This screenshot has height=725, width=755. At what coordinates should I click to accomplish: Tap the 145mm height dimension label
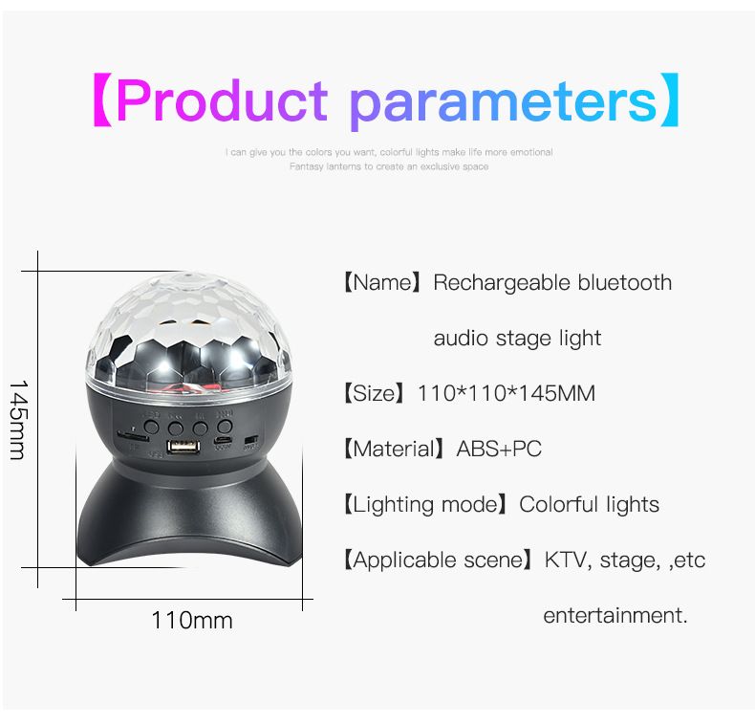pos(18,419)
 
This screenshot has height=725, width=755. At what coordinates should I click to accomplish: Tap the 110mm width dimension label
pos(191,620)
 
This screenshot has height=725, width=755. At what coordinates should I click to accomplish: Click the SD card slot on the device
pos(131,436)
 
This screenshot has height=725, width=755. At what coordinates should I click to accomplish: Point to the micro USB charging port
pos(223,442)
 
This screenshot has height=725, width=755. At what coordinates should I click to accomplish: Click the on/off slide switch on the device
pos(250,441)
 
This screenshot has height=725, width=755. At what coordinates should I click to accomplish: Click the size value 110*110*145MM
pos(506,393)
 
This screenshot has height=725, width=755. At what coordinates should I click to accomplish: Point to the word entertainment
pos(615,615)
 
